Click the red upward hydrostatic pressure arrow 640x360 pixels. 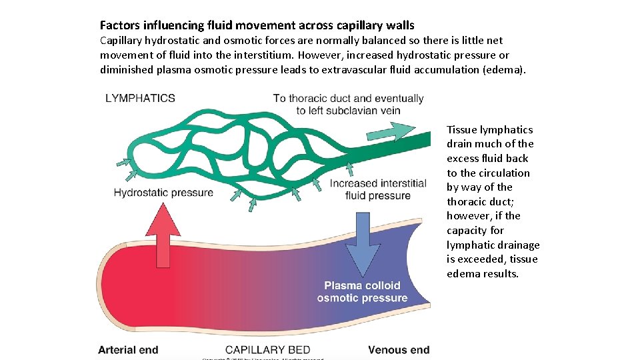(x=163, y=237)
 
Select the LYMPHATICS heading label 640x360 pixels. (x=140, y=98)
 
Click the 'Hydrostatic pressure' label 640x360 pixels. (x=163, y=193)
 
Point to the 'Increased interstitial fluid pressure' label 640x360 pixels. (x=378, y=189)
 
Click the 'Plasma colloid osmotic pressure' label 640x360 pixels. (x=362, y=291)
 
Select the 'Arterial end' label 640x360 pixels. (x=128, y=349)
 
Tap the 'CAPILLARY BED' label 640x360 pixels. (x=267, y=349)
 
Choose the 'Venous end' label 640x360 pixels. (x=399, y=349)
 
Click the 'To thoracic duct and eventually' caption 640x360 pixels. (x=348, y=99)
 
